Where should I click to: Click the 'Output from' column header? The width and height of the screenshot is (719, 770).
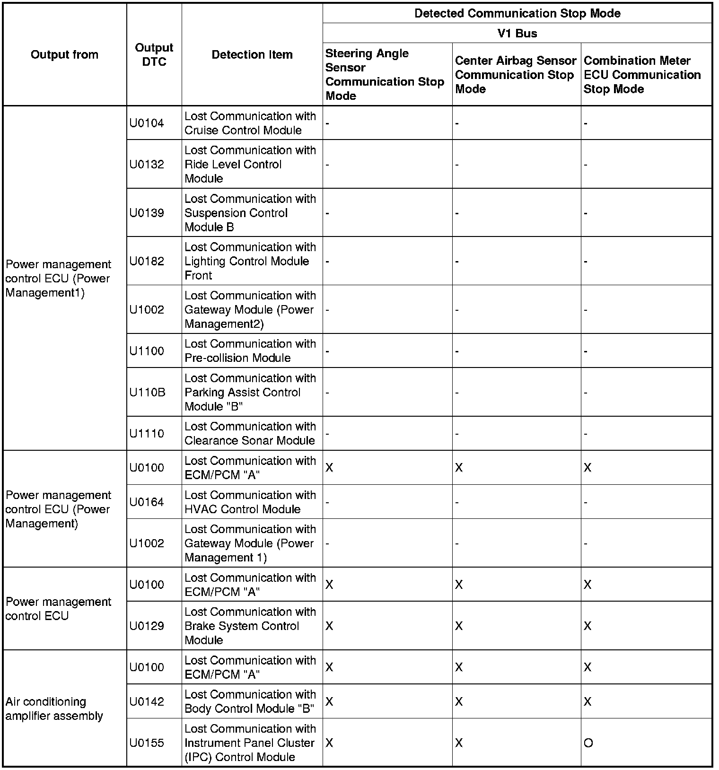pos(64,54)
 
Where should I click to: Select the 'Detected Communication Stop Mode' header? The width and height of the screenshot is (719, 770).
pos(517,13)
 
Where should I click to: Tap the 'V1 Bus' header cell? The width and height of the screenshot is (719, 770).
pos(517,33)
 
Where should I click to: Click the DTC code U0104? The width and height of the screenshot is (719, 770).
pos(147,123)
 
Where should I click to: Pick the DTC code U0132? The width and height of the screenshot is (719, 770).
pos(147,164)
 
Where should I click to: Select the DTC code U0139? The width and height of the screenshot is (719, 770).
pos(147,213)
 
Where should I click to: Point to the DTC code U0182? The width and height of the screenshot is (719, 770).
pos(147,261)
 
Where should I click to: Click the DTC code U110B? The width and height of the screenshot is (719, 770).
pos(147,392)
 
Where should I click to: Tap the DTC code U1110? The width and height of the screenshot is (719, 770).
pos(147,433)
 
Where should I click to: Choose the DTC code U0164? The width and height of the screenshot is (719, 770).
pos(147,502)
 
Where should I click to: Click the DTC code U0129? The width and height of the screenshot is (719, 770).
pos(147,626)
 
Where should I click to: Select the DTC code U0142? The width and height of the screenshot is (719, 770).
pos(147,701)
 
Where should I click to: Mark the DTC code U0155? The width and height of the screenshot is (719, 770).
pos(147,743)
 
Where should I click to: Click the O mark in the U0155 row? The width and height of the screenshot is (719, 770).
pos(588,743)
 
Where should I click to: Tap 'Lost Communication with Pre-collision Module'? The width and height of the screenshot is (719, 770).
pos(250,350)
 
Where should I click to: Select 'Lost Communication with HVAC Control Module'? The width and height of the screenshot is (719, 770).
pos(250,502)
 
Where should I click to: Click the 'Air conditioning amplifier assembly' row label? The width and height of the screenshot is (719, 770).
pos(54,709)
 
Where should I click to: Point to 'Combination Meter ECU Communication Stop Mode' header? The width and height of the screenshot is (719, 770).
pos(642,75)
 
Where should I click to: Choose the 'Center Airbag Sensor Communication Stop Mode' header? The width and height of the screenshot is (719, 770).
pos(515,75)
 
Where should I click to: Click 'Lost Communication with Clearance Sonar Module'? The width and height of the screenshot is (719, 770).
pos(250,433)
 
